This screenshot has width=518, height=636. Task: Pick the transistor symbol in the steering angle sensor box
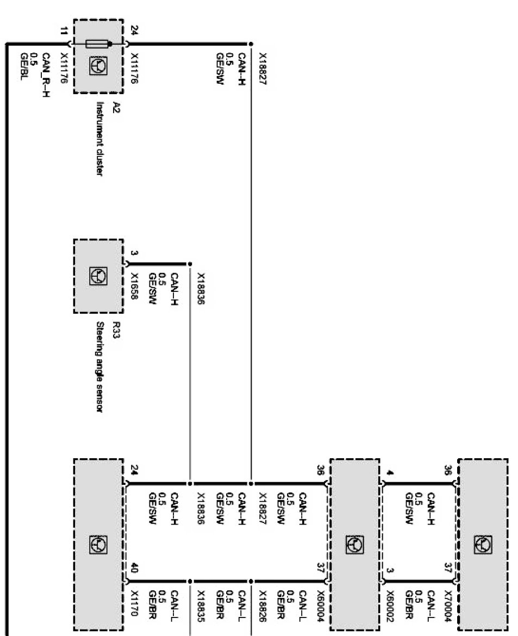point(99,276)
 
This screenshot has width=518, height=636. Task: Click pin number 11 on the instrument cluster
point(65,31)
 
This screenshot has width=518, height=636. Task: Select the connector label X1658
point(134,283)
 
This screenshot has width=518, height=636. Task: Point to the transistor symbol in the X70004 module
point(483,543)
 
